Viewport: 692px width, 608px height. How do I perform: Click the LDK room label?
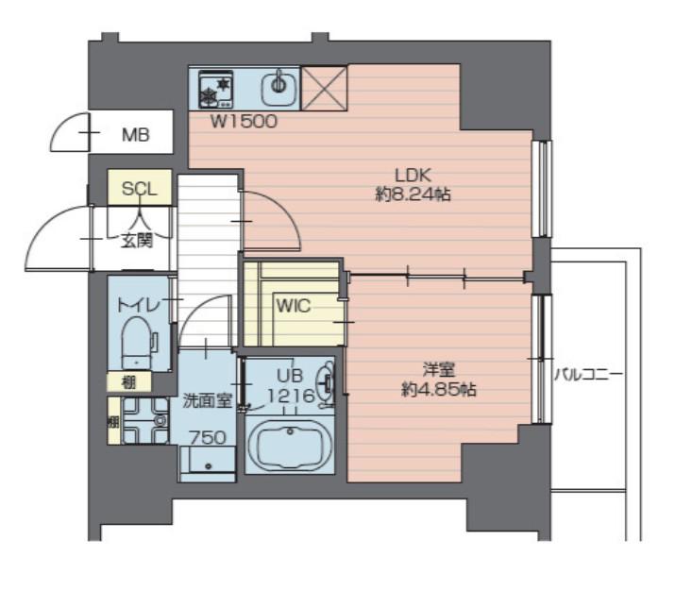413,176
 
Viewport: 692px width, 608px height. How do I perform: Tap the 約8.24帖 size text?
413,194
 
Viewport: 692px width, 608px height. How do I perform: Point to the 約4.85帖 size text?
439,390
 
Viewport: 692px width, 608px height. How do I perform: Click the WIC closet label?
294,306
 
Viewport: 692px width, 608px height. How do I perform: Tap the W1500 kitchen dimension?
244,122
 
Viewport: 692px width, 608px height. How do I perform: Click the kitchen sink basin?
278,88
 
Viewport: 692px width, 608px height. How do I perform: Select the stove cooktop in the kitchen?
216,89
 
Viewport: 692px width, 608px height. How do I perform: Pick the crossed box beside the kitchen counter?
324,88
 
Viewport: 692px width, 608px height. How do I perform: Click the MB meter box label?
136,135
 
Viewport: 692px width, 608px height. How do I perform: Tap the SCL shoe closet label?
140,189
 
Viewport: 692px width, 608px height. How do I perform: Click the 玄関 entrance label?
137,241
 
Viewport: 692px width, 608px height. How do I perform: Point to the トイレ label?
137,305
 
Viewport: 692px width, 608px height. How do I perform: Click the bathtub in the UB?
290,444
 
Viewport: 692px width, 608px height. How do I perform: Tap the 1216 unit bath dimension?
291,396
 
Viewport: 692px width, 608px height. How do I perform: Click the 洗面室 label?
208,401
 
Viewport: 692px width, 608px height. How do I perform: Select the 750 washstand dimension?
208,438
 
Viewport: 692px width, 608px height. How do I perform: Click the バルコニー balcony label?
588,375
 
